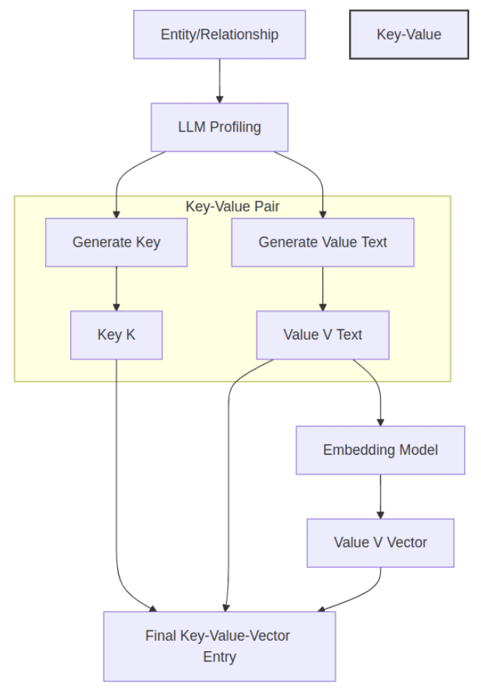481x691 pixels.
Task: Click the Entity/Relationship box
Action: pos(219,34)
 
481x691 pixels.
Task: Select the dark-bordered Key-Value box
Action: pos(409,34)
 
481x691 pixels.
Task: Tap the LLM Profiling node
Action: pos(219,127)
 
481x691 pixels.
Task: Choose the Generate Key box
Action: pos(116,242)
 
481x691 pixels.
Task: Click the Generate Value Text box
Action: pos(322,242)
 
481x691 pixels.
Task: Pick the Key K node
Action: pos(116,334)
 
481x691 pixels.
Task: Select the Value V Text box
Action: pos(322,334)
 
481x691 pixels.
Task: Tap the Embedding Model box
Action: pos(380,450)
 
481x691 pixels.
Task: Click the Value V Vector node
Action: pos(380,543)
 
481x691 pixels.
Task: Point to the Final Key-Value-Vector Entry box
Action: pos(219,646)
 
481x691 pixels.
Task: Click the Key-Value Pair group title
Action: pos(232,207)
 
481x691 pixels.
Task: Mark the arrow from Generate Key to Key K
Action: pos(116,288)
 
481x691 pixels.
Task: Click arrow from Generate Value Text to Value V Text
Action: pos(322,288)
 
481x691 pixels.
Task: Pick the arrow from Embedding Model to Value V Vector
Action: pos(380,495)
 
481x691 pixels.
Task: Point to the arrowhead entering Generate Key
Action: pos(116,214)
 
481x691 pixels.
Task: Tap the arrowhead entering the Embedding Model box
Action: pos(380,422)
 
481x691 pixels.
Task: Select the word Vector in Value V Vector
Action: pos(407,543)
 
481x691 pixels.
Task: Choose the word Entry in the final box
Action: pos(219,656)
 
